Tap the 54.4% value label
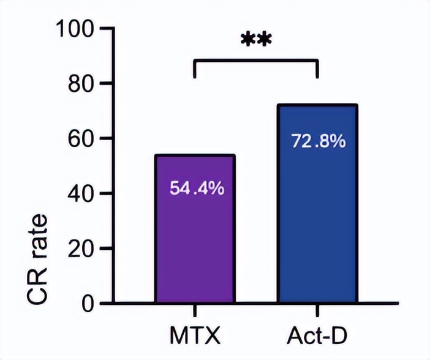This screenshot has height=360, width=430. (x=197, y=188)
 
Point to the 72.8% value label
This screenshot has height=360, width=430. (x=318, y=141)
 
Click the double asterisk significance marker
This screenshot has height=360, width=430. (x=257, y=40)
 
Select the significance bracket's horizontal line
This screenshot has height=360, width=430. (x=256, y=61)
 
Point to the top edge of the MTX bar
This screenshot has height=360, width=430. (x=195, y=156)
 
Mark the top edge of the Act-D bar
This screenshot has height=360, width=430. (x=317, y=105)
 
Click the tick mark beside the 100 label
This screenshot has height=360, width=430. (x=106, y=29)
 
